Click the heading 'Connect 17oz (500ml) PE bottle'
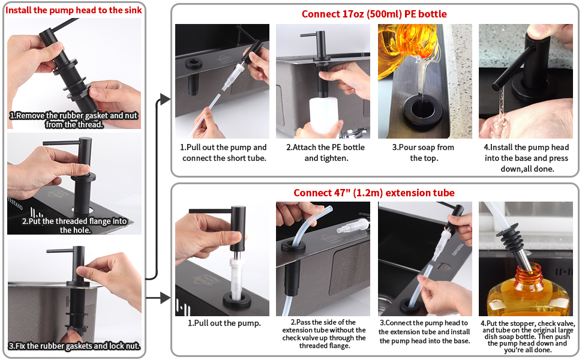374,14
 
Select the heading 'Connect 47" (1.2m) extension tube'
374,193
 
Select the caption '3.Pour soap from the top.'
424,152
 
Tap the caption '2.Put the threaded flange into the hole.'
74,225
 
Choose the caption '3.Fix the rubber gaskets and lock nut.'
74,346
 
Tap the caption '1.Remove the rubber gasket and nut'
74,120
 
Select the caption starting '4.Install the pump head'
526,158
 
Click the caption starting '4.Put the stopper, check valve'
527,335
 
